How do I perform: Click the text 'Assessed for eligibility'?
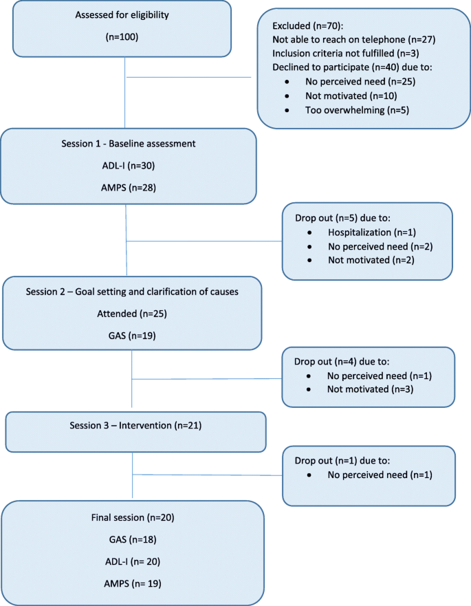pyautogui.click(x=124, y=14)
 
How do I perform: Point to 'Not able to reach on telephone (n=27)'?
pyautogui.click(x=354, y=39)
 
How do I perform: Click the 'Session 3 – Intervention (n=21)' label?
pyautogui.click(x=135, y=425)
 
